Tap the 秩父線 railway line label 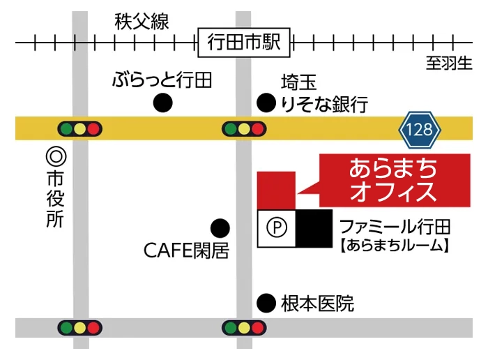point(142,22)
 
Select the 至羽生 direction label point(449,63)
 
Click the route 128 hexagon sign point(420,130)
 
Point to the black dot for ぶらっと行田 point(162,103)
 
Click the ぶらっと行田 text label point(162,80)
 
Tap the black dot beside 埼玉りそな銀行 point(266,103)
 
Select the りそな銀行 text point(325,105)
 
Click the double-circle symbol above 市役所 point(56,157)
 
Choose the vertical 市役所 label point(55,200)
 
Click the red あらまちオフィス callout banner point(395,180)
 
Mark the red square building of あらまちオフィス point(276,190)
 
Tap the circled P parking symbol point(276,227)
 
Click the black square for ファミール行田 point(314,228)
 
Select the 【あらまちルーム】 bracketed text point(395,246)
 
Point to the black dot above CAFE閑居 point(220,228)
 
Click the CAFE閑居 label point(186,250)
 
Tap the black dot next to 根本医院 point(266,303)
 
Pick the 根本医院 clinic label point(317,303)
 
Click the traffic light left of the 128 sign point(244,128)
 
